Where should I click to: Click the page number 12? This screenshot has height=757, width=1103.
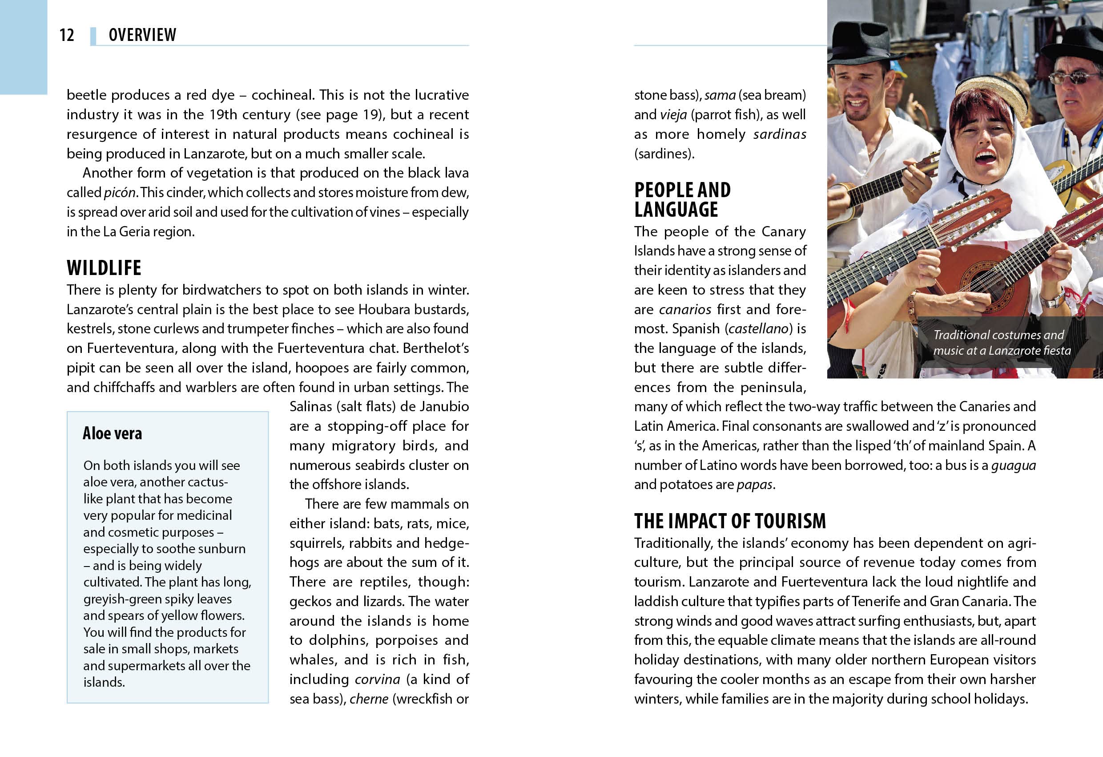click(x=66, y=35)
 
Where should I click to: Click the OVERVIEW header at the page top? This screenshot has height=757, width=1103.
click(x=142, y=35)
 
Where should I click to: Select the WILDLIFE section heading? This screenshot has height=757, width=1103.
click(x=104, y=268)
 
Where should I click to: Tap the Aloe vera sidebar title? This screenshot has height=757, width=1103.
click(x=112, y=433)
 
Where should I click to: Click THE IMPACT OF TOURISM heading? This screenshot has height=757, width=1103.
click(x=730, y=521)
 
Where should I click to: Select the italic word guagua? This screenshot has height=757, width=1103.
click(x=1013, y=466)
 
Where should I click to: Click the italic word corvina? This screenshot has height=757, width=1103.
click(x=377, y=680)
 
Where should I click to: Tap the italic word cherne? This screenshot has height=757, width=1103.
click(x=369, y=699)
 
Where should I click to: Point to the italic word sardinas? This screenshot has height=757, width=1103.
click(x=779, y=134)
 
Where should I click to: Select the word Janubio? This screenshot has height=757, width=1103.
click(x=445, y=406)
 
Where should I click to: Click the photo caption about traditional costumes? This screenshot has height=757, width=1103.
click(x=1002, y=342)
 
